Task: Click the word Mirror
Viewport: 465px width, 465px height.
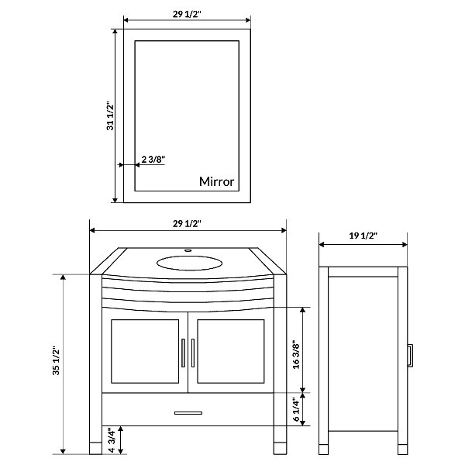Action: pyautogui.click(x=216, y=181)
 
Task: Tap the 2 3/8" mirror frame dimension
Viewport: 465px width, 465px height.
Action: pyautogui.click(x=153, y=160)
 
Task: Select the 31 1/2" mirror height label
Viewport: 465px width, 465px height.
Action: pyautogui.click(x=110, y=116)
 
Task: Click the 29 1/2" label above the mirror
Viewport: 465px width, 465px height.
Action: pyautogui.click(x=187, y=14)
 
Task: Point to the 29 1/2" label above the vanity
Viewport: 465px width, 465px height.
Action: pyautogui.click(x=187, y=224)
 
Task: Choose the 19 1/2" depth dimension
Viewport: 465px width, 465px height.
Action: pyautogui.click(x=363, y=236)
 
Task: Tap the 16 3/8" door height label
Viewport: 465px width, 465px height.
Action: pyautogui.click(x=296, y=355)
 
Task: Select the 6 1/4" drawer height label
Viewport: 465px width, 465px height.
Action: pyautogui.click(x=296, y=409)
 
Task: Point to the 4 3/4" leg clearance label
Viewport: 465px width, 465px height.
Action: pyautogui.click(x=112, y=440)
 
